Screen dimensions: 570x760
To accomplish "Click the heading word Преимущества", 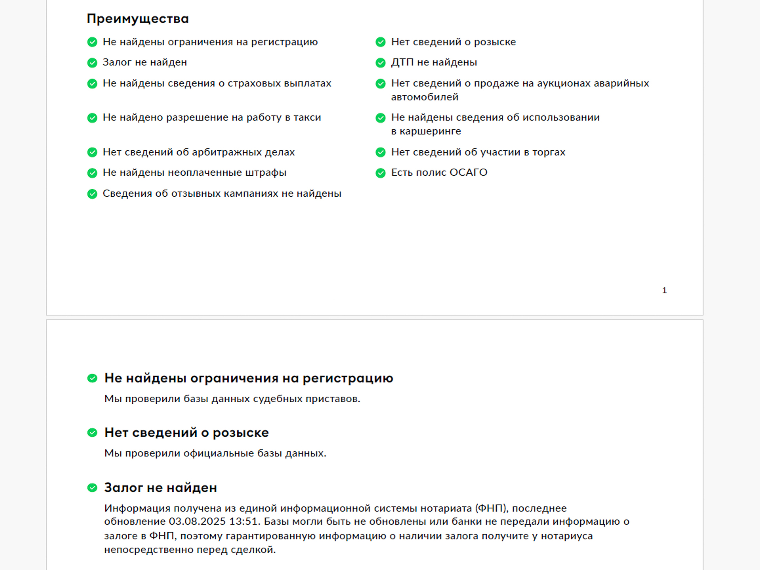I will pyautogui.click(x=137, y=19).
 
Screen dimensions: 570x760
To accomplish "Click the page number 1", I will pyautogui.click(x=664, y=291).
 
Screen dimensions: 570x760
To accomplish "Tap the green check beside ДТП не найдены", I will pyautogui.click(x=380, y=63).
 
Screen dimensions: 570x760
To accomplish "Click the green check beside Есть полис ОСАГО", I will pyautogui.click(x=380, y=173).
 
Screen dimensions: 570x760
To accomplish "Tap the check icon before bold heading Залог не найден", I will pyautogui.click(x=92, y=488).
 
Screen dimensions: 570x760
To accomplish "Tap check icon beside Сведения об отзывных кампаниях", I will pyautogui.click(x=92, y=194).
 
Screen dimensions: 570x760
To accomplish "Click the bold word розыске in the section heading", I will pyautogui.click(x=241, y=433).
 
